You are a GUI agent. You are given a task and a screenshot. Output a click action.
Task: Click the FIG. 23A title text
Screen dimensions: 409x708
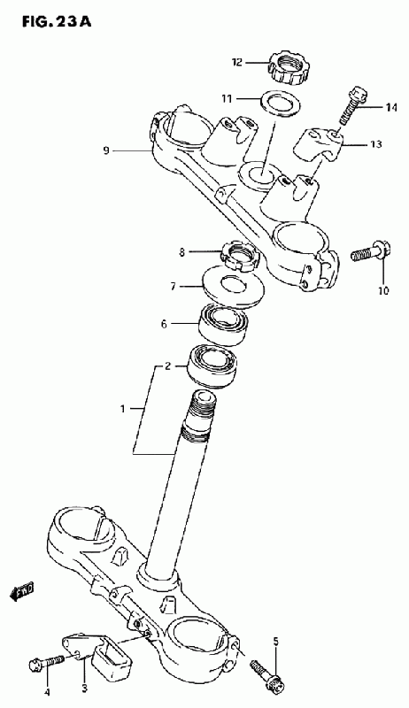[x=57, y=21]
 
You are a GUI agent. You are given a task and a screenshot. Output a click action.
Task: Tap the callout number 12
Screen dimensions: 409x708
[x=237, y=62]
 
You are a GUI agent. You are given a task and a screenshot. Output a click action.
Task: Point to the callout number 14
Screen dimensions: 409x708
[x=391, y=107]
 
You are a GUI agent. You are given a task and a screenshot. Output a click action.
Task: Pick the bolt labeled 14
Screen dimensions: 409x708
[x=353, y=104]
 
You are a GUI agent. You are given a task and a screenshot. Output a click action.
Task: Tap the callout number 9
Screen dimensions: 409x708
[x=106, y=150]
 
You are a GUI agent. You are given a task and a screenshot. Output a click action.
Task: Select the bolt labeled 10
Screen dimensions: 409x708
[x=371, y=252]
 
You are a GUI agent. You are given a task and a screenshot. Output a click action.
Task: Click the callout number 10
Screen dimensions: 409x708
[x=382, y=291]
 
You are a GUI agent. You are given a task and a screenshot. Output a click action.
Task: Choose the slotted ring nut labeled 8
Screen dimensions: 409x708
[x=240, y=256]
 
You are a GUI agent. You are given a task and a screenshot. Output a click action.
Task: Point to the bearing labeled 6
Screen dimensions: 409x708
[x=224, y=325]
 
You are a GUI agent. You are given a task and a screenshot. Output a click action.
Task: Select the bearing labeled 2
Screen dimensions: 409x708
[x=212, y=366]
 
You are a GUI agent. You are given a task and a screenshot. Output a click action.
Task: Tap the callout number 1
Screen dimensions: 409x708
[x=122, y=409]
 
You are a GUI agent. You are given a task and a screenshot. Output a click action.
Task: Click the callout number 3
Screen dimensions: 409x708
[x=84, y=689]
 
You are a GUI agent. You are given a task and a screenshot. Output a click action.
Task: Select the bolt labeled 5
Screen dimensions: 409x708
[x=267, y=674]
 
